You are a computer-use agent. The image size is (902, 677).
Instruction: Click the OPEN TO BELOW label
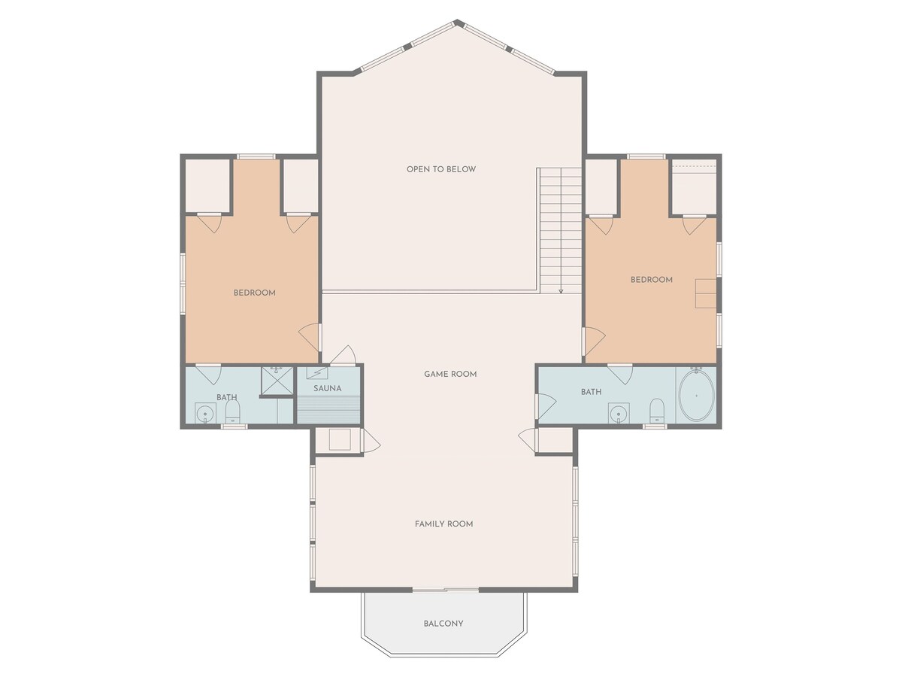click(x=441, y=169)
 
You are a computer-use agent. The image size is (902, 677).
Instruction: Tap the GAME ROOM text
click(x=450, y=374)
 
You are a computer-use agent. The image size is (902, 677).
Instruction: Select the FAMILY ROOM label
click(x=443, y=524)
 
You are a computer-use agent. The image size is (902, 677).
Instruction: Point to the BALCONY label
click(x=443, y=624)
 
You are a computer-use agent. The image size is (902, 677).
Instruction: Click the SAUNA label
click(x=328, y=388)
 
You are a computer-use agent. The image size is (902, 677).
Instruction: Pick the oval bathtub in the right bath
click(x=697, y=396)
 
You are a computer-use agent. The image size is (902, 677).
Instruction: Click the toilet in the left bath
click(x=232, y=411)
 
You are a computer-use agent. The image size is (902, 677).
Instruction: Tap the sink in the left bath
click(x=205, y=413)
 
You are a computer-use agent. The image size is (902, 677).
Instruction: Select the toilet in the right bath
click(x=657, y=410)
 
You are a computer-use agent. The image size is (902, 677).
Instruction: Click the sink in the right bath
click(x=619, y=413)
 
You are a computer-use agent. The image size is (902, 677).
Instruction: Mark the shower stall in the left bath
click(x=277, y=381)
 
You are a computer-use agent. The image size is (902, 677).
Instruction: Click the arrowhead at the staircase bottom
click(x=561, y=291)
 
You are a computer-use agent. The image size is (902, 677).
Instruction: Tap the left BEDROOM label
click(x=254, y=293)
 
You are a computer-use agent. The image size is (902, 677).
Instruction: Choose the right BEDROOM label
click(x=652, y=280)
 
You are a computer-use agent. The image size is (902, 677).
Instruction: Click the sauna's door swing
click(x=343, y=355)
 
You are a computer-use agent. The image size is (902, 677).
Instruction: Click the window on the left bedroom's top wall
click(x=256, y=156)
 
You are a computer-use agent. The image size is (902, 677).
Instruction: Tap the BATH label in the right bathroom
click(x=592, y=392)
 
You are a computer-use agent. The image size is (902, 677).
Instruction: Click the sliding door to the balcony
click(x=446, y=590)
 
